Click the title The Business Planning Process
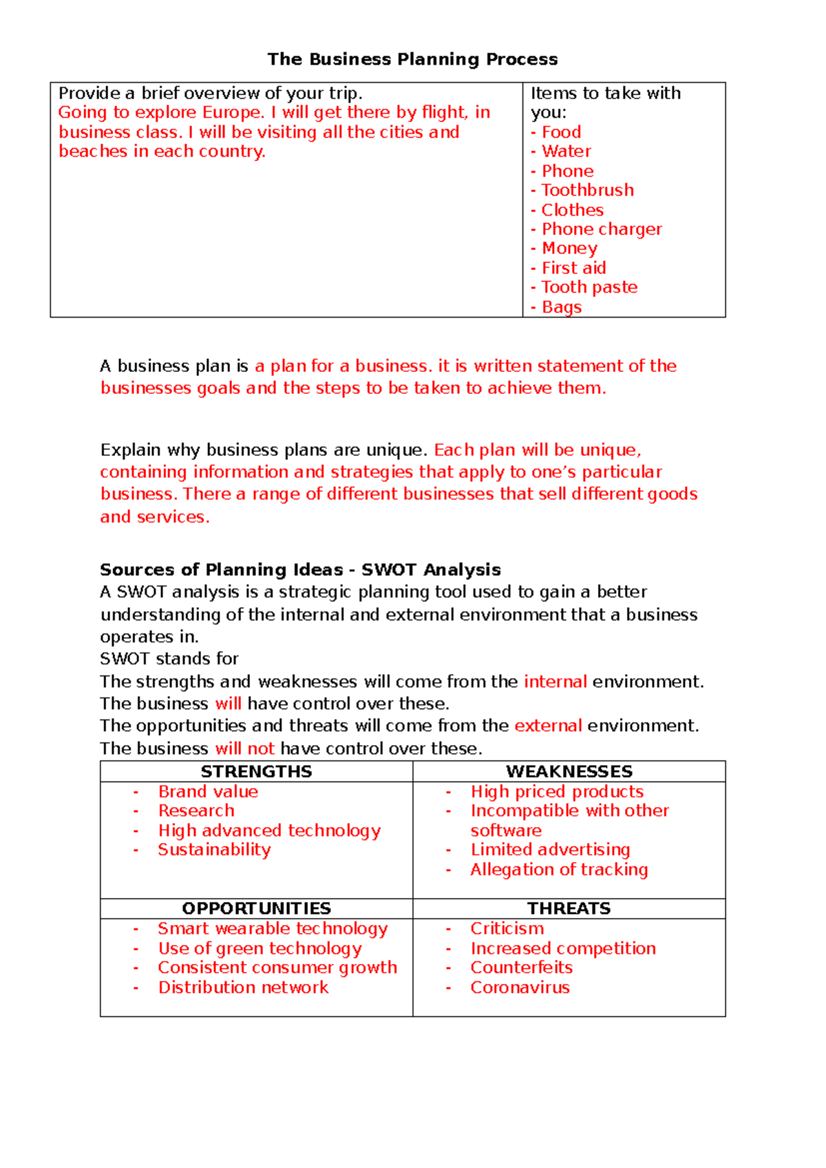tap(412, 59)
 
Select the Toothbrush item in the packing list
tap(587, 190)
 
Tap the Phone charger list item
tap(601, 229)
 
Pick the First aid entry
tap(573, 268)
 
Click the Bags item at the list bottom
tap(561, 307)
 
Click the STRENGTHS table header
tap(256, 771)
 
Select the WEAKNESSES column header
tap(569, 771)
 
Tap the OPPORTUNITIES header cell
tap(256, 908)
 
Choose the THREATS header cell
tap(569, 908)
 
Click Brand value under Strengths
tap(208, 792)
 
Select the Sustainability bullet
tap(214, 850)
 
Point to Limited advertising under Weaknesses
tap(550, 850)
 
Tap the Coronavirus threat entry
tap(520, 988)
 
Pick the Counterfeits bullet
tap(521, 968)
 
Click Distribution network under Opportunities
tap(243, 988)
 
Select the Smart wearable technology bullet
tap(273, 929)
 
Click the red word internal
tap(555, 682)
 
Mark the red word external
tap(548, 726)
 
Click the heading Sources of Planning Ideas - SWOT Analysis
tap(300, 570)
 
